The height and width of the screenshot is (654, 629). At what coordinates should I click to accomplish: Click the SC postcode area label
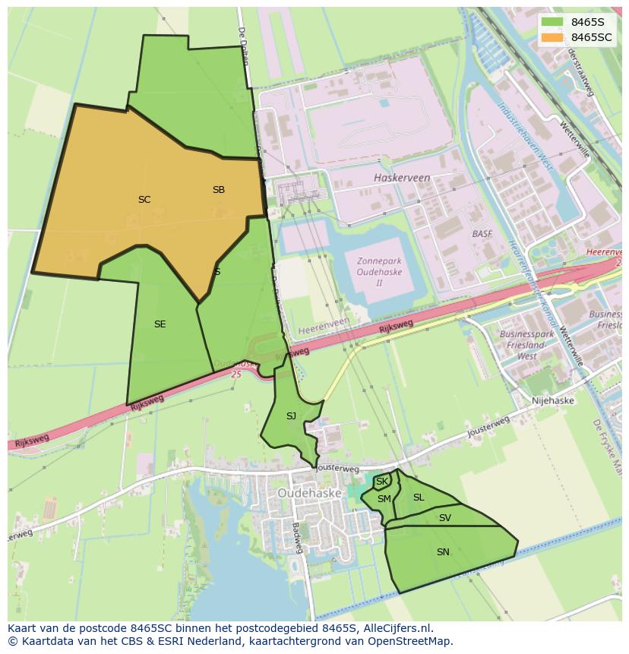coord(144,200)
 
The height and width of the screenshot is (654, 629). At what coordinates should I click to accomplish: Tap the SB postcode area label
coord(219,190)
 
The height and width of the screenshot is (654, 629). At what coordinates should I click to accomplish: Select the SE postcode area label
coord(160,324)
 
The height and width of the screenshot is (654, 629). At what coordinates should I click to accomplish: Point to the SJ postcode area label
coord(291,416)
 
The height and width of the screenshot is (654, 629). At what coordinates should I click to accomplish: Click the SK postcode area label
coord(382,482)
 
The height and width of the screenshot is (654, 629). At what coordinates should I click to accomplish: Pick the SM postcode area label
coord(384,499)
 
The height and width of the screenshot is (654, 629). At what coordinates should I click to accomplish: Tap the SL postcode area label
coord(419,498)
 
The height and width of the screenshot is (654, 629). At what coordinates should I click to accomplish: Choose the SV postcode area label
coord(445,518)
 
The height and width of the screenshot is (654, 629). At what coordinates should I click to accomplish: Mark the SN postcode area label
coord(443,552)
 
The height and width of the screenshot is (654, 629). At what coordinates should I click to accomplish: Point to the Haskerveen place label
coord(402,178)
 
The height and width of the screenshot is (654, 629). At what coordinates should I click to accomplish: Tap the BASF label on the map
coord(482,234)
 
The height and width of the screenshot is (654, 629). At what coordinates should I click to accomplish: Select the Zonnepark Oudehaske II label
coord(379,272)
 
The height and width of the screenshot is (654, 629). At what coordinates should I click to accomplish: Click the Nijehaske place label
coord(553,400)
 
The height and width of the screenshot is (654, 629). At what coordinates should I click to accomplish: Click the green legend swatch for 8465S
coord(553,22)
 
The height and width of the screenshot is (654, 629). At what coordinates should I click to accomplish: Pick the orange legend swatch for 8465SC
coord(553,37)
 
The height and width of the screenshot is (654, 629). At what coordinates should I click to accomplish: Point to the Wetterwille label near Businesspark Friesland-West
coord(571,346)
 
